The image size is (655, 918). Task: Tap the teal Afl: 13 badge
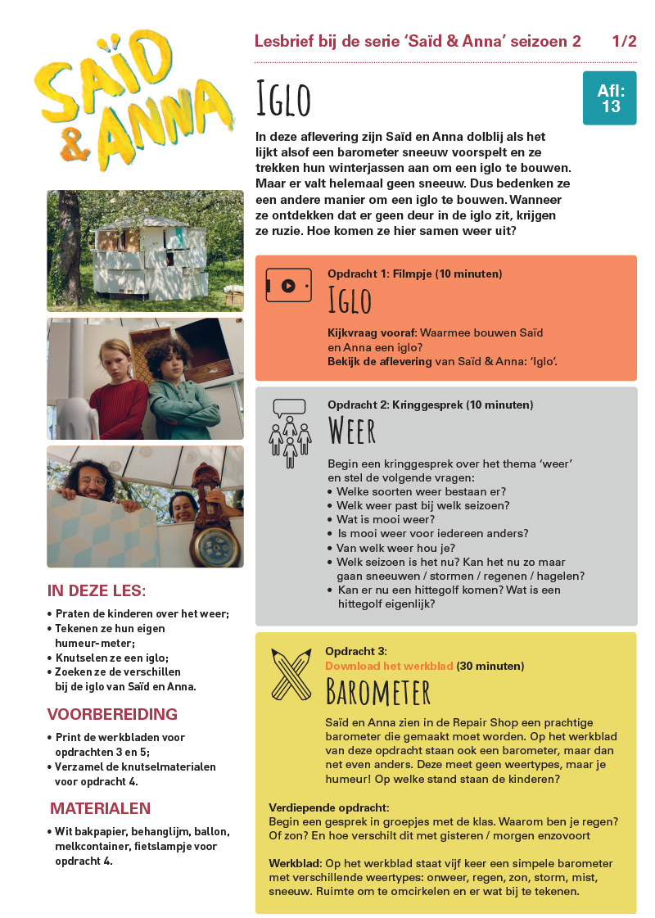click(x=610, y=98)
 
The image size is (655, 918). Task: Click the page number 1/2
click(x=624, y=42)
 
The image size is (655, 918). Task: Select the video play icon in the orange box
click(x=288, y=286)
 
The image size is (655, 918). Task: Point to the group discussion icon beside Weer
click(x=290, y=427)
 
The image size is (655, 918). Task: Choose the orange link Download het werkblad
click(x=389, y=666)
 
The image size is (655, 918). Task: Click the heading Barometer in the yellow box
click(x=377, y=693)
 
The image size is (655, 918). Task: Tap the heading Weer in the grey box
click(x=352, y=430)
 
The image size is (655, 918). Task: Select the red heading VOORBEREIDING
click(x=112, y=713)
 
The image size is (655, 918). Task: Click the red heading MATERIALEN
click(x=101, y=808)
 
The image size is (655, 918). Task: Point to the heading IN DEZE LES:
click(x=97, y=591)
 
